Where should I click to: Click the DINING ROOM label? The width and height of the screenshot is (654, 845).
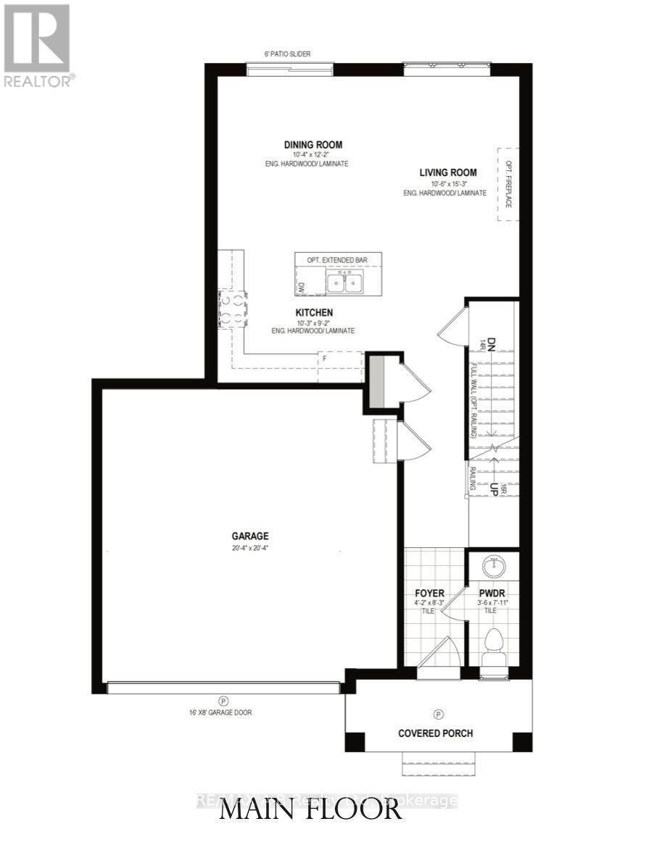click(x=312, y=145)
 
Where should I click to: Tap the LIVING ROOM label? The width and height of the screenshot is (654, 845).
click(x=447, y=172)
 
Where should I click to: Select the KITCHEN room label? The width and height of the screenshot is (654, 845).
click(x=314, y=312)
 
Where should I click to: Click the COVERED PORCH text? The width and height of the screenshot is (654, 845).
click(x=435, y=733)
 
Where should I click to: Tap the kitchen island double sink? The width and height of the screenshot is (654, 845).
click(x=344, y=282)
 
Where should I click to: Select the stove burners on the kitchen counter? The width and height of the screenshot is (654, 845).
click(x=232, y=308)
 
